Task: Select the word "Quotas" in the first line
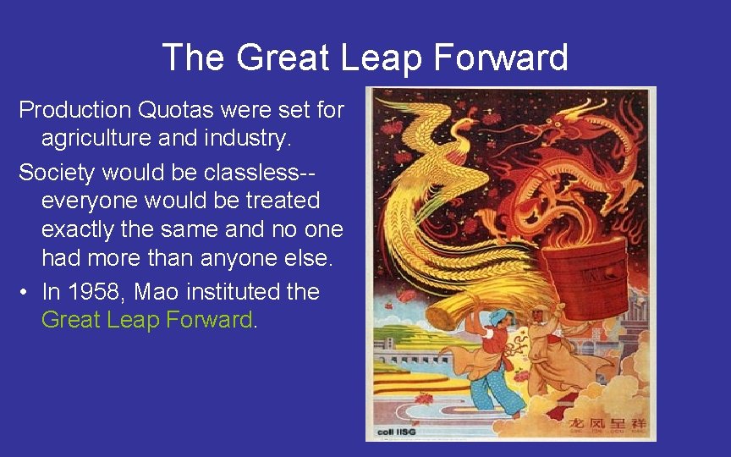coord(177,109)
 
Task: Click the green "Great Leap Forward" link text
coord(146,320)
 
